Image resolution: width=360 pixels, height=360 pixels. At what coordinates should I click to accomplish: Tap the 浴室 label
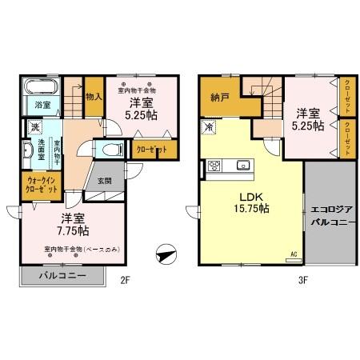point(42,105)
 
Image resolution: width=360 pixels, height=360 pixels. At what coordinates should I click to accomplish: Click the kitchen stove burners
point(214,166)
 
